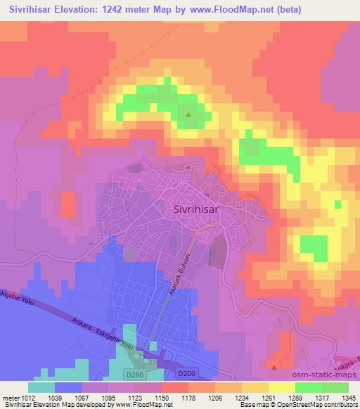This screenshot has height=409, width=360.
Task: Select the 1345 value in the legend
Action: [348, 397]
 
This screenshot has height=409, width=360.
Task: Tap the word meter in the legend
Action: [8, 397]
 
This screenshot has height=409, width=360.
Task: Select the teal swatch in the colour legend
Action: [41, 387]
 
